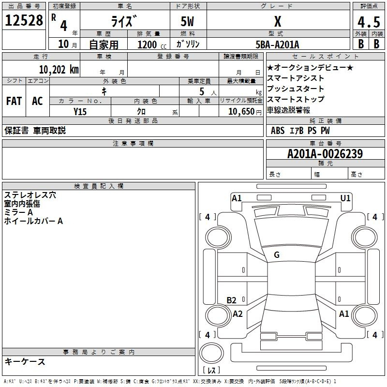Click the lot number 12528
tap(24, 21)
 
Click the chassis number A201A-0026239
tap(325, 154)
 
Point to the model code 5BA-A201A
tap(277, 45)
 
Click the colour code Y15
tap(80, 111)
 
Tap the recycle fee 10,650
tap(240, 111)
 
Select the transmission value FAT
tap(14, 101)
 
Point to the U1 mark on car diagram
tap(345, 198)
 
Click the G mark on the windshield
tap(277, 255)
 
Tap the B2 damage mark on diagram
tap(232, 300)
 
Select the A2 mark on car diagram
tap(238, 314)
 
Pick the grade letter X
tap(277, 22)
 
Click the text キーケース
tap(25, 361)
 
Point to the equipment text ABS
tap(278, 130)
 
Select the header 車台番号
tap(325, 144)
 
